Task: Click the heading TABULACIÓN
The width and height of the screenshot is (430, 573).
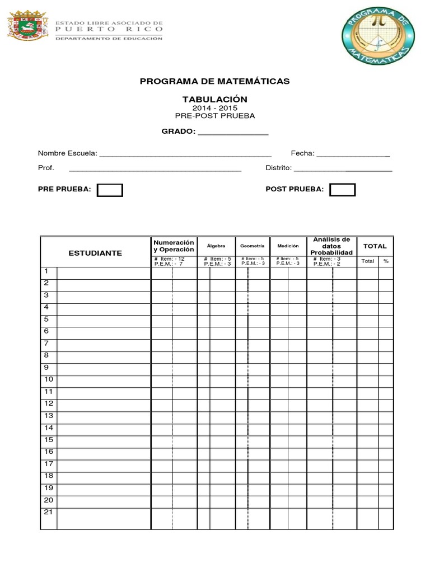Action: tap(214, 99)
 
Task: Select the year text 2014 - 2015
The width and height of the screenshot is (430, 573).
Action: tap(214, 108)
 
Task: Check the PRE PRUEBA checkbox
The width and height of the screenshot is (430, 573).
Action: tap(110, 190)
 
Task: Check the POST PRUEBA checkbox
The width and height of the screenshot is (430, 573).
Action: tap(342, 190)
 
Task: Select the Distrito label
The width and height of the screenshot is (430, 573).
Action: tap(278, 168)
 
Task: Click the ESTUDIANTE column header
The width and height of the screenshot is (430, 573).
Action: tap(95, 253)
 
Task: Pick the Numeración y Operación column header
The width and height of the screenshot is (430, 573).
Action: tap(174, 246)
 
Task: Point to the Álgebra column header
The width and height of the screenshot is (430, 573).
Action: tap(216, 246)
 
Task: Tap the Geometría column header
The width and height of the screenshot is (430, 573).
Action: tap(252, 246)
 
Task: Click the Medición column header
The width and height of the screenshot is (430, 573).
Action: tap(288, 246)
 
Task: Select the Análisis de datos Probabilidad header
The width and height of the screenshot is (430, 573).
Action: tap(331, 246)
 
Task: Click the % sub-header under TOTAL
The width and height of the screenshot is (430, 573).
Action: tap(386, 261)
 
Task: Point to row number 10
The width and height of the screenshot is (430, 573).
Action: tap(48, 379)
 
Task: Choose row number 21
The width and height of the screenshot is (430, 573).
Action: tap(48, 513)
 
